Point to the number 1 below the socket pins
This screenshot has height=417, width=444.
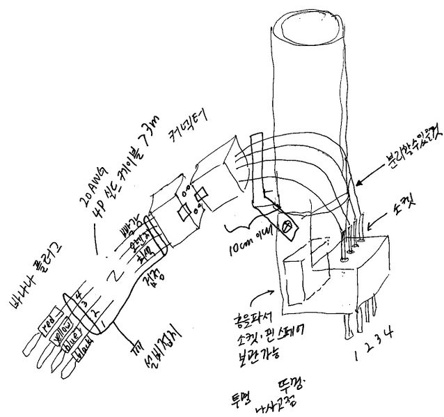[x=358, y=354]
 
